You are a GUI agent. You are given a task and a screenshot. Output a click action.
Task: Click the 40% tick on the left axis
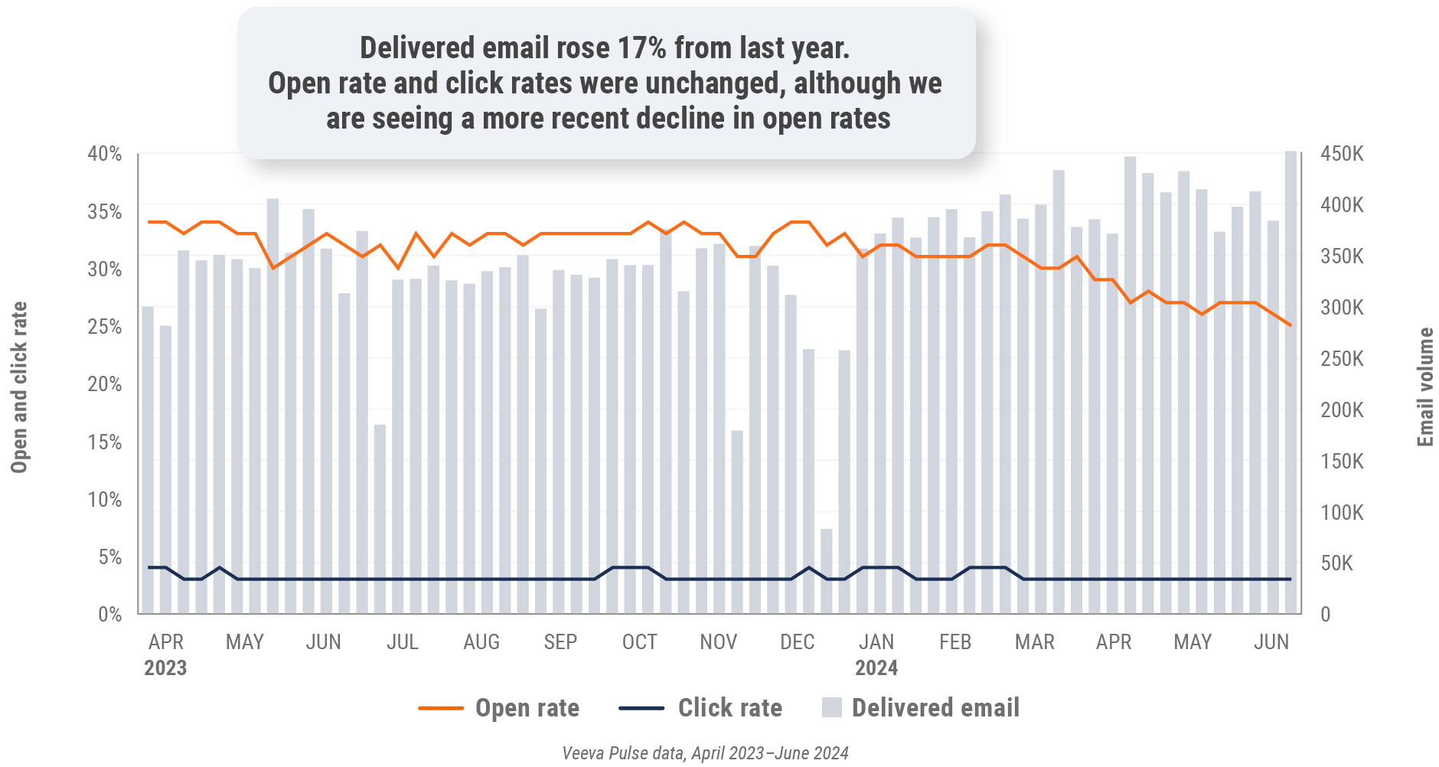click(105, 154)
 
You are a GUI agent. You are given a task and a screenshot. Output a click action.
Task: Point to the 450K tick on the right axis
click(1342, 154)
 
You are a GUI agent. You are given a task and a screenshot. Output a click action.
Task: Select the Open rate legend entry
click(499, 708)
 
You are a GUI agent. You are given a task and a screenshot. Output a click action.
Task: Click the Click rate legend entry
click(700, 708)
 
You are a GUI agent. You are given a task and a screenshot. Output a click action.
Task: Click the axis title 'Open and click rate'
click(19, 387)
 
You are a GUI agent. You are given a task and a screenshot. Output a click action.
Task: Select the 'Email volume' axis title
click(1424, 387)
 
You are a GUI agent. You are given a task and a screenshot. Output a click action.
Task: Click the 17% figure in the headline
click(641, 48)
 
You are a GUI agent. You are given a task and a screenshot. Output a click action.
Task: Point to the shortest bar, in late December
click(827, 571)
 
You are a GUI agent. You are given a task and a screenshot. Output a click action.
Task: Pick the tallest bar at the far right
click(1291, 383)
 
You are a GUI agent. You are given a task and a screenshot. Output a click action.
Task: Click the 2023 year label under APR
click(165, 668)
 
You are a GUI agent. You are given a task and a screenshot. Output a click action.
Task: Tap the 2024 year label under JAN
click(876, 668)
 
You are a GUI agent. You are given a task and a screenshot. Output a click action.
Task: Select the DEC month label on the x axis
click(797, 642)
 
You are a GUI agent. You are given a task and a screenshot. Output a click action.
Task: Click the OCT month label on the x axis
click(639, 642)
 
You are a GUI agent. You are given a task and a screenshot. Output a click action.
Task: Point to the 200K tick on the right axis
click(1342, 410)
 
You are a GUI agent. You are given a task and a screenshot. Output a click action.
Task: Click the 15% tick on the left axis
click(105, 442)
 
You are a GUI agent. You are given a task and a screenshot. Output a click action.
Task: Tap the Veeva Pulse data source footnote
click(705, 753)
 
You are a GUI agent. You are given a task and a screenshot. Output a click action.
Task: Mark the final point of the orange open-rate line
click(1291, 325)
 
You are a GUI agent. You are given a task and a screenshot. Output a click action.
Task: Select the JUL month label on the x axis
click(403, 642)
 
